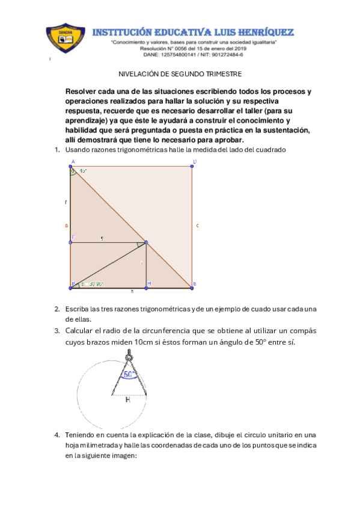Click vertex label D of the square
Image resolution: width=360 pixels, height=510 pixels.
[195, 162]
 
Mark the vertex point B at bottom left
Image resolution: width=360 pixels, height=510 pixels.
[71, 288]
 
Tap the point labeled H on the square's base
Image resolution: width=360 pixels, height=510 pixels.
[147, 288]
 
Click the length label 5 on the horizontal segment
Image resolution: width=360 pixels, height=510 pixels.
[102, 239]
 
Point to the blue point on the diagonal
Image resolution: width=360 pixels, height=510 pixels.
[147, 243]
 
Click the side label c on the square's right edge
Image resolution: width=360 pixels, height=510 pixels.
[198, 226]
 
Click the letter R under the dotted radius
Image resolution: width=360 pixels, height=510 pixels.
[127, 399]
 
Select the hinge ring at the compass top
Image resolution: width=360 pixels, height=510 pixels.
[128, 360]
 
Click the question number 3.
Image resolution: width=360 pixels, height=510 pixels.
[56, 331]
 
